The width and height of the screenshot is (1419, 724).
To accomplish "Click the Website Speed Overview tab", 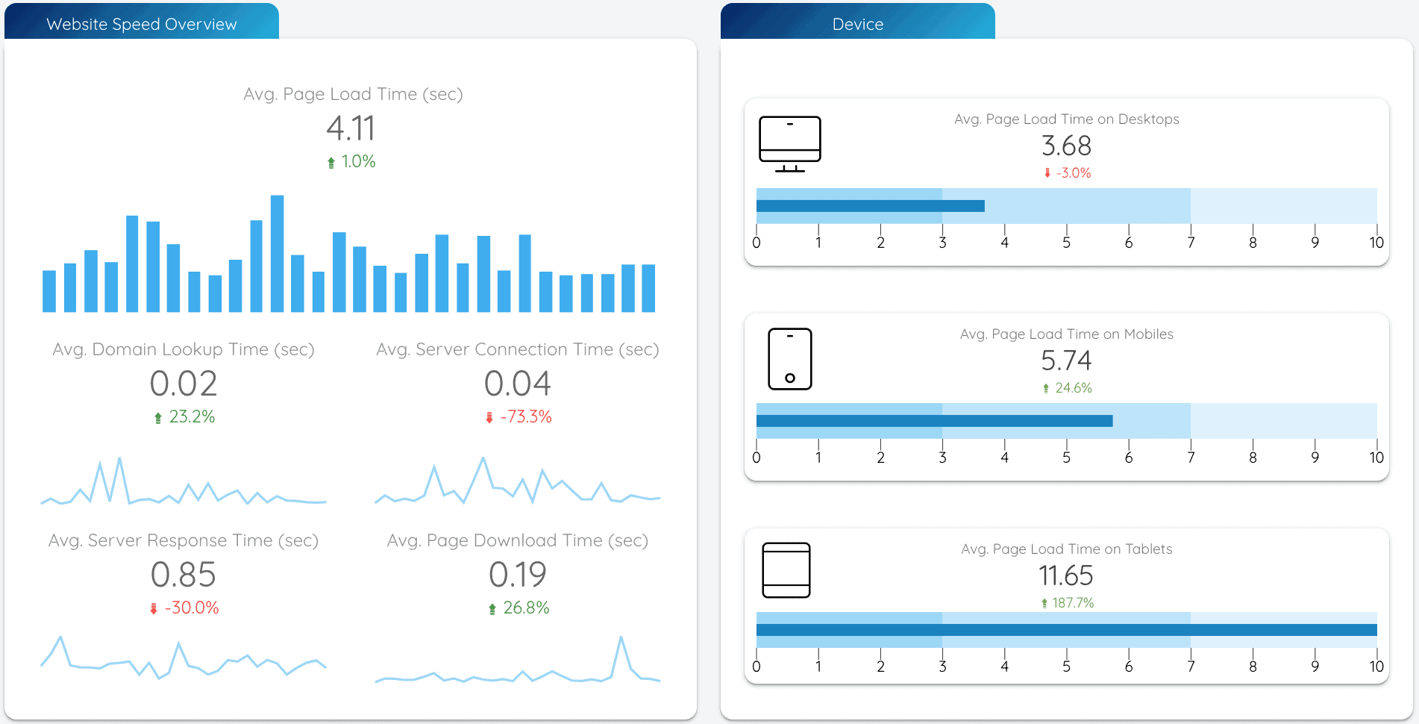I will [x=141, y=24].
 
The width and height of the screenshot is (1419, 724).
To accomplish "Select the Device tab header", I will [x=857, y=24].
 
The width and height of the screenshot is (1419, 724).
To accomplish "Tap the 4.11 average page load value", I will [x=351, y=128].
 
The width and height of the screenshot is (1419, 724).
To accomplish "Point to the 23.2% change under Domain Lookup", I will [x=191, y=416].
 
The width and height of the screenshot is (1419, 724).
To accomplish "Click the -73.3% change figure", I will [x=525, y=416].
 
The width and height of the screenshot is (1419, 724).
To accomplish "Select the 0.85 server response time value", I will [x=183, y=575].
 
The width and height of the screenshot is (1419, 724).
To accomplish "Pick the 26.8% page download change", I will [x=525, y=608].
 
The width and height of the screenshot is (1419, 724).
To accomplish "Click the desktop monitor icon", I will [x=789, y=143].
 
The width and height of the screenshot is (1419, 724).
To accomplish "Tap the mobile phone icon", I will [x=789, y=359].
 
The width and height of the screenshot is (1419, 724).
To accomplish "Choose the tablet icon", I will [x=786, y=570].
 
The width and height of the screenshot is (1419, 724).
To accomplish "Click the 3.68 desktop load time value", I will [x=1066, y=146].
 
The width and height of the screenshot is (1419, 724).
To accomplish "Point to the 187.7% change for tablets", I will [x=1072, y=602].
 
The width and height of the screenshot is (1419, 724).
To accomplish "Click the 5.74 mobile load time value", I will [x=1066, y=361].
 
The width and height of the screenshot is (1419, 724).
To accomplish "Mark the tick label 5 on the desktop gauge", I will [x=1066, y=243].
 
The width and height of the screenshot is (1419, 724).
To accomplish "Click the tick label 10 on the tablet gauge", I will [x=1376, y=667].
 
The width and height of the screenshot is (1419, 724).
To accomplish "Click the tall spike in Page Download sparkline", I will [x=621, y=639].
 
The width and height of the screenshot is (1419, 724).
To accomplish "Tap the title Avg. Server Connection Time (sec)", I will [x=517, y=349].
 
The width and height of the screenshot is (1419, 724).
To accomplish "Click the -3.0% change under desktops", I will [x=1073, y=172].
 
